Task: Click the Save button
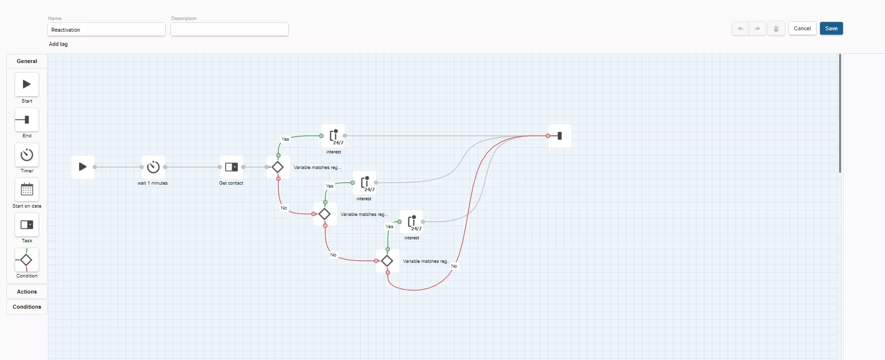tap(831, 28)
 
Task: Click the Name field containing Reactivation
tap(106, 30)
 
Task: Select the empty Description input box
tap(230, 30)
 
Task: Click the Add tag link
tap(58, 44)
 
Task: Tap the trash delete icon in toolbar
tap(776, 29)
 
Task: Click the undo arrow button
tap(740, 29)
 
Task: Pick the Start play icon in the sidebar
tap(27, 85)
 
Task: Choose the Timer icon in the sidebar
tap(27, 155)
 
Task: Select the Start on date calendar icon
tap(27, 190)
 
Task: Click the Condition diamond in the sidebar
tap(27, 260)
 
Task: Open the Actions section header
tap(27, 292)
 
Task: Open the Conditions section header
tap(27, 307)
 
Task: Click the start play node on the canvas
tap(83, 167)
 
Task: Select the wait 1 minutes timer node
tap(153, 167)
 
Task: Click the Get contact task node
tap(232, 167)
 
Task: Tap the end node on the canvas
tap(560, 136)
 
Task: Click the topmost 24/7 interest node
tap(334, 136)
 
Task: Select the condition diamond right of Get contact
tap(278, 167)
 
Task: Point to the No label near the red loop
tap(454, 266)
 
